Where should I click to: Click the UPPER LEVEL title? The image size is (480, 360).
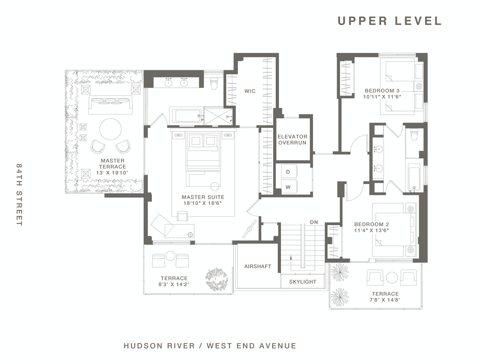(x=390, y=21)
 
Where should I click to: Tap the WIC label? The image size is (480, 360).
(x=250, y=91)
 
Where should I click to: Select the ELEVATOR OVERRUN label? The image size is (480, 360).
(x=292, y=139)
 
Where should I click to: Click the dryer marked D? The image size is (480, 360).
(x=289, y=172)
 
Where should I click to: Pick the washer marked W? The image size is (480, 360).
(x=289, y=187)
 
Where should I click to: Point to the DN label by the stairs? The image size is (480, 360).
(x=314, y=222)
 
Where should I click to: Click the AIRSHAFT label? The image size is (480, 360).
(x=258, y=266)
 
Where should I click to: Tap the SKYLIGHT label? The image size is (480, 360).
(x=303, y=282)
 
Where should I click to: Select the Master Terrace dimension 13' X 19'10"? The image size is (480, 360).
(x=112, y=173)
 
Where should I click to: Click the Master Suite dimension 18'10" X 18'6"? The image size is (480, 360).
(x=203, y=203)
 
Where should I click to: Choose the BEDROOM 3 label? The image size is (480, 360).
(x=382, y=91)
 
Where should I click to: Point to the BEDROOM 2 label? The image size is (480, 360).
(x=372, y=224)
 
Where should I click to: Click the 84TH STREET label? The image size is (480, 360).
(x=20, y=195)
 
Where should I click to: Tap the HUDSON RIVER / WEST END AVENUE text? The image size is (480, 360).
(x=210, y=346)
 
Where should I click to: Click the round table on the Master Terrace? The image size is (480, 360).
(x=110, y=129)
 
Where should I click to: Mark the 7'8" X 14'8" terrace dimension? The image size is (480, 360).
(x=385, y=300)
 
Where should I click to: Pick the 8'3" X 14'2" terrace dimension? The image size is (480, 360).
(x=174, y=284)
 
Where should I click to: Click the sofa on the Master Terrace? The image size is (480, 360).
(x=110, y=105)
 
